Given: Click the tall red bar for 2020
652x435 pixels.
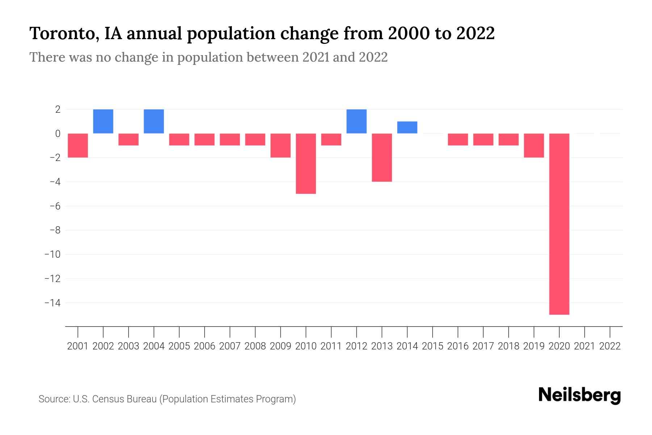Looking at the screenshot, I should pyautogui.click(x=559, y=224).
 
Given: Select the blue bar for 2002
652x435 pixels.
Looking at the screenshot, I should pyautogui.click(x=103, y=121).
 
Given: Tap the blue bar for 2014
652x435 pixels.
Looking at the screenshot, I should pyautogui.click(x=407, y=127).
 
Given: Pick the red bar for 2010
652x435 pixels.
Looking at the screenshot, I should pyautogui.click(x=306, y=163).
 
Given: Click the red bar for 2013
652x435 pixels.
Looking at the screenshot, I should pyautogui.click(x=382, y=157).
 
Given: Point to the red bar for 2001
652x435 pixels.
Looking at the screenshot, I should pyautogui.click(x=78, y=145).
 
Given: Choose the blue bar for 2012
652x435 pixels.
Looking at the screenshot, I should pyautogui.click(x=356, y=121).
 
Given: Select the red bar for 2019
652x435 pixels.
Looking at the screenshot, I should pyautogui.click(x=534, y=145).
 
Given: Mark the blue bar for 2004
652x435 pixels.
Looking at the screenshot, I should pyautogui.click(x=154, y=121).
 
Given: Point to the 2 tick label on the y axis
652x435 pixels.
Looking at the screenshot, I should pyautogui.click(x=58, y=109).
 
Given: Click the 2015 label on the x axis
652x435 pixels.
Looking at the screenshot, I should pyautogui.click(x=432, y=346).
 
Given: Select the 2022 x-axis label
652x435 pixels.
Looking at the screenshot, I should pyautogui.click(x=610, y=346).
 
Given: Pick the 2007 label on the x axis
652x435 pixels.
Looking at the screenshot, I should pyautogui.click(x=230, y=346).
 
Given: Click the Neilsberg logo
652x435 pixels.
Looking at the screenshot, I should pyautogui.click(x=580, y=395).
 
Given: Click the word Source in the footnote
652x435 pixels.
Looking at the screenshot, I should pyautogui.click(x=54, y=399).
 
